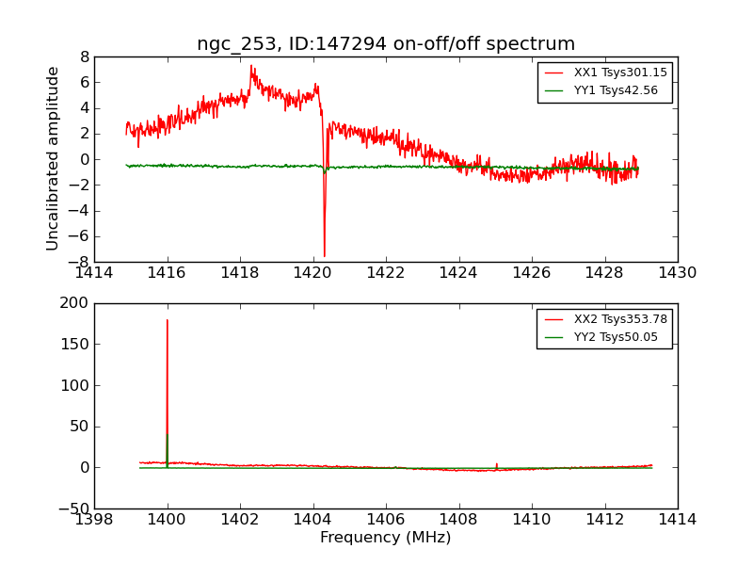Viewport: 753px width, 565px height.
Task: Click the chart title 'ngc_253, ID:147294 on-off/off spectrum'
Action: click(x=386, y=44)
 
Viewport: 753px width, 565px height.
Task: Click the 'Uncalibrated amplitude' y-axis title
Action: click(x=54, y=158)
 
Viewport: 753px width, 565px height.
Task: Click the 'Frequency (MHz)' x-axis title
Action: click(x=386, y=538)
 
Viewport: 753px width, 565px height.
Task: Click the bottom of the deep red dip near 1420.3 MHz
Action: click(x=325, y=256)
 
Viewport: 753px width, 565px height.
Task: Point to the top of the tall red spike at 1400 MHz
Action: click(x=168, y=320)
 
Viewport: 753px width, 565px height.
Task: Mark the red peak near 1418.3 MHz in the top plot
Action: click(x=251, y=66)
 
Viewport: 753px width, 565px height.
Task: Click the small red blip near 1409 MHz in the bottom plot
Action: click(x=497, y=463)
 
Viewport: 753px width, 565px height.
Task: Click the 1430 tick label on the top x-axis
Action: click(x=677, y=273)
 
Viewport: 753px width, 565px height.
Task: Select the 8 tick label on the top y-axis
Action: click(x=85, y=56)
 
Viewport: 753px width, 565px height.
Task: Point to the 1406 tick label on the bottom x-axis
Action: click(x=385, y=520)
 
